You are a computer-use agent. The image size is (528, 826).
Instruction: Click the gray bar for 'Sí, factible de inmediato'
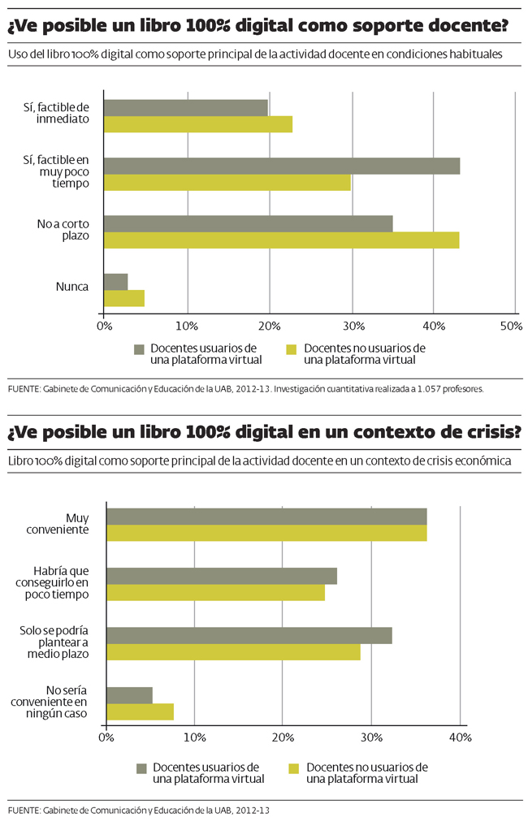click(x=186, y=107)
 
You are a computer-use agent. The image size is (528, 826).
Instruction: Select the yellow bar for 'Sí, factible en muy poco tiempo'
click(x=227, y=182)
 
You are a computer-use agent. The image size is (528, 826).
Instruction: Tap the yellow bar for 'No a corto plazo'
click(x=282, y=240)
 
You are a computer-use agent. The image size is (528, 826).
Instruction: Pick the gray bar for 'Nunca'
click(x=116, y=282)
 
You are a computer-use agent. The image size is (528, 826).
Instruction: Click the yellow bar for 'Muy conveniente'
click(x=267, y=533)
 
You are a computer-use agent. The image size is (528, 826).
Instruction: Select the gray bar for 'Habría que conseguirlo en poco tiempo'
click(x=222, y=576)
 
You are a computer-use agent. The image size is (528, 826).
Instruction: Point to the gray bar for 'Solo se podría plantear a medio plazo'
click(x=249, y=635)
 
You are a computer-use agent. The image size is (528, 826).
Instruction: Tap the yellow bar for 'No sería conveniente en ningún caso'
click(x=141, y=711)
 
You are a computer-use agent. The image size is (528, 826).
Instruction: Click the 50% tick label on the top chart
click(x=511, y=326)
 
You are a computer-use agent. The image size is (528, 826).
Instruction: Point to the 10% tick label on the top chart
click(x=188, y=326)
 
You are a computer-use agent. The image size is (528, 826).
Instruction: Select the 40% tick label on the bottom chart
click(x=461, y=737)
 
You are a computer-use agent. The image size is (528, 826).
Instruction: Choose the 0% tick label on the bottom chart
click(x=106, y=737)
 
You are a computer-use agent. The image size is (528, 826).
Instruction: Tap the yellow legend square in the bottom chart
click(x=294, y=768)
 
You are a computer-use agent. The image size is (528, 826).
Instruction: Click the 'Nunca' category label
click(x=72, y=286)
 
